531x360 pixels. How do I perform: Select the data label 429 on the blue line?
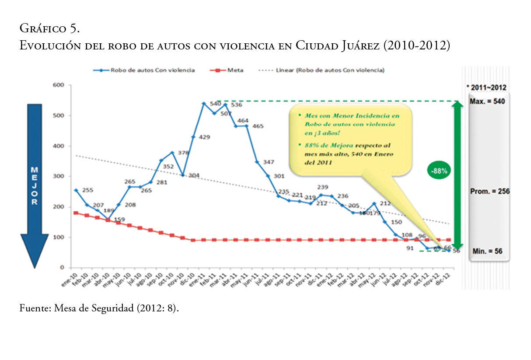[x=204, y=137]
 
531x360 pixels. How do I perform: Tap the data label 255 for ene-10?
[x=87, y=190]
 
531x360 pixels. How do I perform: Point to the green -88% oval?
[x=439, y=171]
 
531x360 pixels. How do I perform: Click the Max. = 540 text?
[x=487, y=101]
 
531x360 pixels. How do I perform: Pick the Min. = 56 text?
[x=487, y=252]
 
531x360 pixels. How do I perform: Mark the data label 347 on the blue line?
[x=269, y=162]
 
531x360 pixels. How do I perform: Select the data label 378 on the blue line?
[x=183, y=153]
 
